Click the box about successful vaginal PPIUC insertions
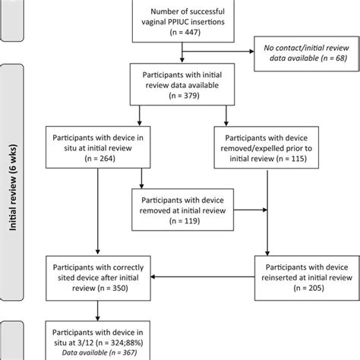[x=182, y=18]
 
